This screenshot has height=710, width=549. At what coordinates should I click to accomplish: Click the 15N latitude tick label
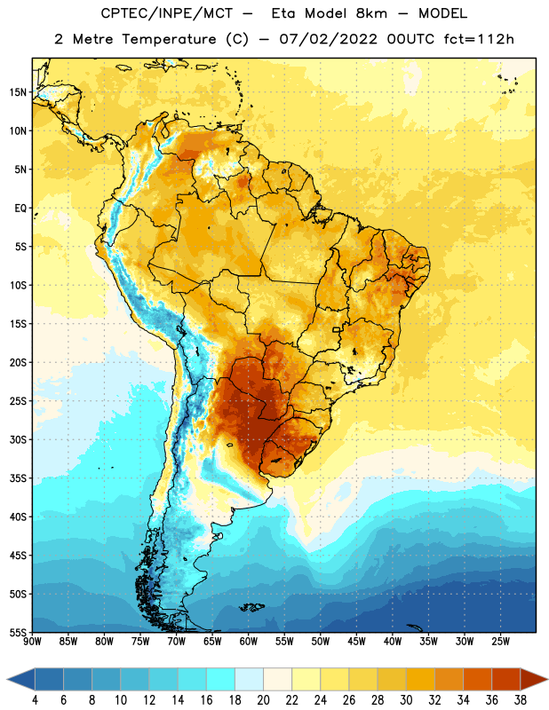pos(18,92)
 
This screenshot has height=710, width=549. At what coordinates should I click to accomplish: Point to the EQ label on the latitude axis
pos(20,209)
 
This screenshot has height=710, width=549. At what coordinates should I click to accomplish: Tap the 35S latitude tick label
pos(18,478)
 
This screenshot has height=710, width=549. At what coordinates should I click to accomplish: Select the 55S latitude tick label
pos(18,633)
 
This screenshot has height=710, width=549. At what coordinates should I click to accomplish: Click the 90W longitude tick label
pos(32,641)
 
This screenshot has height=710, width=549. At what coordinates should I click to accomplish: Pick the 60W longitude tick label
pos(249,641)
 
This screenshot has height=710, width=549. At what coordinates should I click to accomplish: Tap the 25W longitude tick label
pos(500,641)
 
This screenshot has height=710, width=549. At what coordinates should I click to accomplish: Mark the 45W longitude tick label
pos(356,641)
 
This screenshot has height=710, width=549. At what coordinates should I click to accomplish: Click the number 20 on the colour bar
pos(263,700)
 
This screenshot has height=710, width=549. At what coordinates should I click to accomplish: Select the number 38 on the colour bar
pos(520,700)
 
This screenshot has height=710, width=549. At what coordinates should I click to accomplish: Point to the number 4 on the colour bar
pos(35,700)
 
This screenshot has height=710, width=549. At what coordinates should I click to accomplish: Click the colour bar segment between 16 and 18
pos(221,679)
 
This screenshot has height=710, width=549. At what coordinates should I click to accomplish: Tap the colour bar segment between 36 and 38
pos(506,679)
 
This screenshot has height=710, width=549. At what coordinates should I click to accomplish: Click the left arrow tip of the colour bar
pos(7,679)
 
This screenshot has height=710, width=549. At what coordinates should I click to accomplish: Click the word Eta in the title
pos(283,13)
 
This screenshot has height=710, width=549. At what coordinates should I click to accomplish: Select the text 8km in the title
pos(371,13)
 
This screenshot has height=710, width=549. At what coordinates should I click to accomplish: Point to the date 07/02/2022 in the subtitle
pos(328,39)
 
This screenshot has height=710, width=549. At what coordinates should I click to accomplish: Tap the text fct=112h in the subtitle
pos(479,39)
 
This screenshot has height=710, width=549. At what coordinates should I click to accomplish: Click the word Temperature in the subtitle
pos(169,40)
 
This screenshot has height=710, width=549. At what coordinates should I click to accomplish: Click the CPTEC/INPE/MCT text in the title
pos(167,13)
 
